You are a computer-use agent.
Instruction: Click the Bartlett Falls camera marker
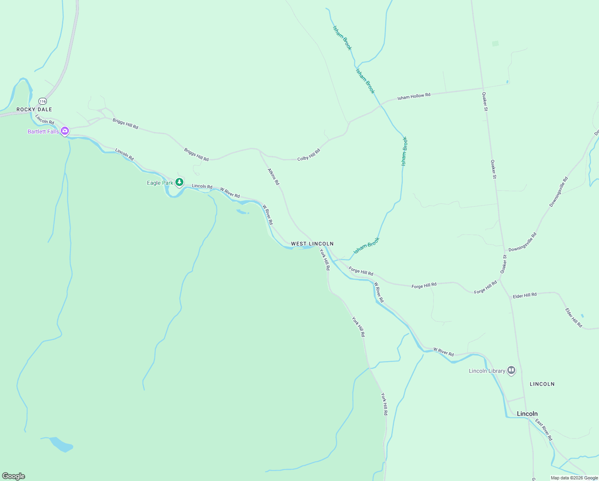click(x=65, y=131)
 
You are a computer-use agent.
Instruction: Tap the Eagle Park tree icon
click(x=180, y=182)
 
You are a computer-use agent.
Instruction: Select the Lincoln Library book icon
click(x=511, y=370)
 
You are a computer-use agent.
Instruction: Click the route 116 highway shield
click(x=43, y=101)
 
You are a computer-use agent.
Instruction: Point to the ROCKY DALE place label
click(x=34, y=109)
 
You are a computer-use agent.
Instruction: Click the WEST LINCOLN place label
click(x=312, y=244)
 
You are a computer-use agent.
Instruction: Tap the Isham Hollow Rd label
click(x=414, y=96)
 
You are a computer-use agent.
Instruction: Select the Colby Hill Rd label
click(x=309, y=155)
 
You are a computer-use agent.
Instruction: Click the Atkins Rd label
click(x=273, y=176)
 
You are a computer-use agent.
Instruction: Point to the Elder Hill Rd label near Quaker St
click(x=525, y=295)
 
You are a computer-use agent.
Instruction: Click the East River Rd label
click(x=544, y=430)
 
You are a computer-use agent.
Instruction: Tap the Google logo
click(x=14, y=476)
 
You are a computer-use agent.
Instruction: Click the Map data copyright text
click(x=574, y=478)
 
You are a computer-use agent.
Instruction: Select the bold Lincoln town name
click(x=527, y=414)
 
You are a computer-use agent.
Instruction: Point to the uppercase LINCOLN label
click(x=542, y=384)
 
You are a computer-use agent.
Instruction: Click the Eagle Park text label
click(x=160, y=183)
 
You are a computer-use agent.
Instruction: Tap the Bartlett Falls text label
click(x=43, y=131)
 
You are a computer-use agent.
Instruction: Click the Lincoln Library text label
click(x=487, y=371)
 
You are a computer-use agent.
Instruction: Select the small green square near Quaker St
click(x=495, y=43)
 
